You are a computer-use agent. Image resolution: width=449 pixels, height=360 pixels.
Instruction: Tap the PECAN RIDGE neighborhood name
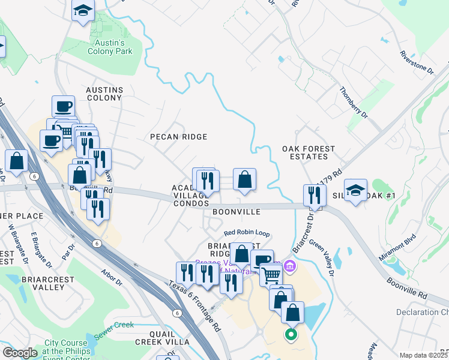point(178,137)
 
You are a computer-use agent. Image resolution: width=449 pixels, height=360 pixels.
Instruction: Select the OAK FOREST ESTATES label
point(309,152)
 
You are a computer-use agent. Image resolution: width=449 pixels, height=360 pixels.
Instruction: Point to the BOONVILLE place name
point(236,212)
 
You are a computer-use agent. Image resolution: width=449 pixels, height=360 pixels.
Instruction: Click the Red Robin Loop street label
point(247,233)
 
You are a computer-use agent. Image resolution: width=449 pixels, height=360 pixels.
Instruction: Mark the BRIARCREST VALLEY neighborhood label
point(43,283)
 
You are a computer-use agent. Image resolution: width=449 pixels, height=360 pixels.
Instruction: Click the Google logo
point(20,353)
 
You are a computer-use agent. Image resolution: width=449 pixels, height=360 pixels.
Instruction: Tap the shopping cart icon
point(271,275)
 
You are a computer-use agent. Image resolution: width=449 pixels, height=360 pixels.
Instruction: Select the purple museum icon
point(291,265)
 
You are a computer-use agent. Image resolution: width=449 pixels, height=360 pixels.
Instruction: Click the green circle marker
point(291,334)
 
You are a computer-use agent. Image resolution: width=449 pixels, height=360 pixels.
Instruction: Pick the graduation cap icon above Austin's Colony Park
point(83,10)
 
